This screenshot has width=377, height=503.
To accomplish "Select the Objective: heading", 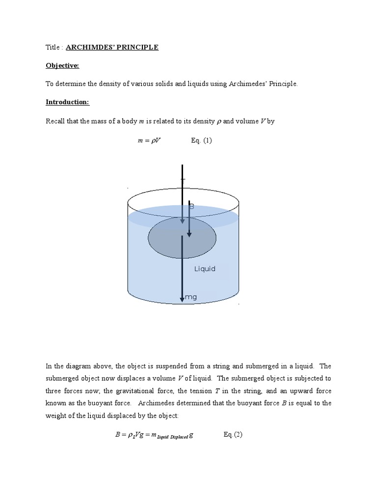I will pyautogui.click(x=62, y=65).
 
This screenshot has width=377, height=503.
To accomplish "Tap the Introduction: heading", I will pyautogui.click(x=67, y=102).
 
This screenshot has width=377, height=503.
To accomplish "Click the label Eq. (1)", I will pyautogui.click(x=201, y=140).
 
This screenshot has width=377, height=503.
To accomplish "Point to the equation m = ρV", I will pyautogui.click(x=148, y=140).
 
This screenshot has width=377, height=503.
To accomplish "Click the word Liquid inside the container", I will pyautogui.click(x=205, y=269).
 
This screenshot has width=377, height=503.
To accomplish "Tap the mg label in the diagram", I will pyautogui.click(x=190, y=297).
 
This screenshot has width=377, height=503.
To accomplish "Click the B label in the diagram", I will pyautogui.click(x=192, y=207).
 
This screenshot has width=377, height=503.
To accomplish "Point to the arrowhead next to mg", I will pyautogui.click(x=182, y=299).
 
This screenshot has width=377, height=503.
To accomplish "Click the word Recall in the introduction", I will pyautogui.click(x=55, y=121).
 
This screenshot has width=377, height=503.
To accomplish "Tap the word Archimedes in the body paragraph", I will pyautogui.click(x=158, y=403).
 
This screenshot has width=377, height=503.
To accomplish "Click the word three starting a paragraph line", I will pyautogui.click(x=54, y=391).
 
